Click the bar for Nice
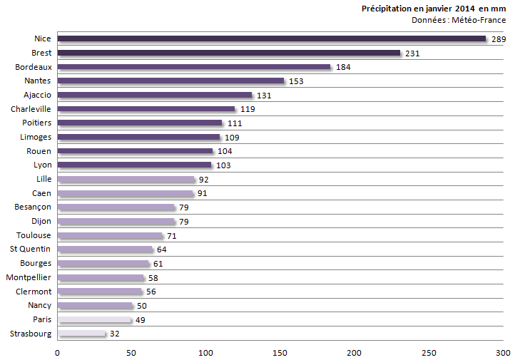pos(271,38)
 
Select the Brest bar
pos(228,53)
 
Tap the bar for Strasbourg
pos(81,334)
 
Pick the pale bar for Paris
pos(93,319)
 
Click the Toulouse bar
pos(110,235)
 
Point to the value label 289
pos(499,39)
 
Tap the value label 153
pos(296,81)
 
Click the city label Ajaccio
pos(36,95)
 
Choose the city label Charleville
pos(31,109)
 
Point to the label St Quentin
pos(30,249)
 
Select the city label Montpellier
pos(29,277)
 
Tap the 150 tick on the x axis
pos(280,352)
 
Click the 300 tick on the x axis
pos(503,352)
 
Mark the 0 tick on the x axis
pos(57,352)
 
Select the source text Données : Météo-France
pos(459,20)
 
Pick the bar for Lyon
pos(134,165)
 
